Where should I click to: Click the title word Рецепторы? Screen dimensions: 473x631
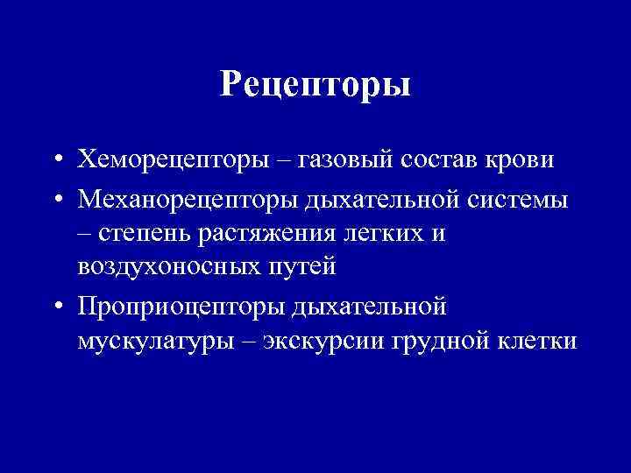315,84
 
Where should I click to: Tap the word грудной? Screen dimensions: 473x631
442,341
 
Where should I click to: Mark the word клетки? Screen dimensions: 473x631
537,341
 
